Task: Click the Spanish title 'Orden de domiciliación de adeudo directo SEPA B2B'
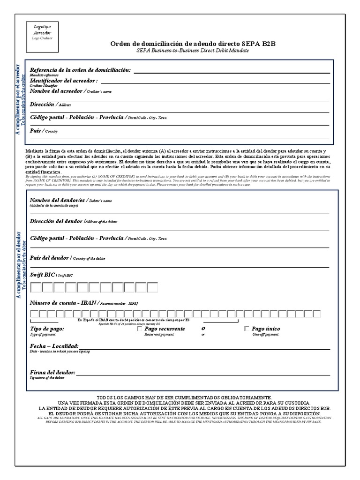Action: click(x=193, y=43)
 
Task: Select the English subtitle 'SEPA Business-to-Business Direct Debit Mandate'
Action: click(x=193, y=50)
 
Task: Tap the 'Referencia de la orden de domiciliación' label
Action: click(x=80, y=70)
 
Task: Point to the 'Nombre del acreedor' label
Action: click(x=56, y=91)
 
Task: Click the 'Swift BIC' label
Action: click(x=42, y=275)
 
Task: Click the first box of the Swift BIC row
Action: click(x=36, y=287)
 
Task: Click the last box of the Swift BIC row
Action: click(x=152, y=287)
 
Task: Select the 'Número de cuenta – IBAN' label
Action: click(x=63, y=303)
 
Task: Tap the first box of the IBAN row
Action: click(x=34, y=314)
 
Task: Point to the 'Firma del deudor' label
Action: click(x=52, y=372)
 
